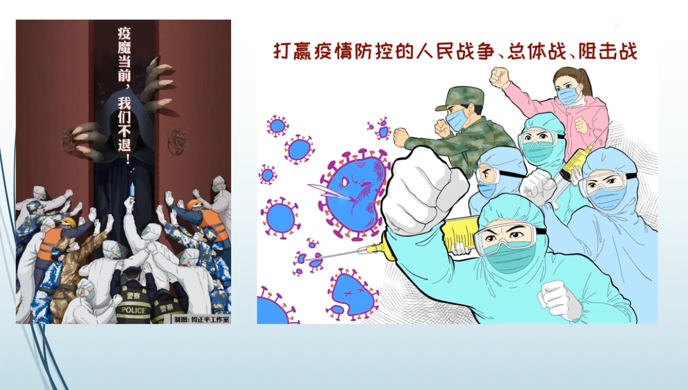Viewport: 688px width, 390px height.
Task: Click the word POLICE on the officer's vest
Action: [134, 311]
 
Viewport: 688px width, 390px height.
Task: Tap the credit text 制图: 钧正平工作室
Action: [202, 319]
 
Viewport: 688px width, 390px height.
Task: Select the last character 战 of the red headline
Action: [628, 52]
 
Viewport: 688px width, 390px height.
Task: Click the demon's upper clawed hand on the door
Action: [156, 83]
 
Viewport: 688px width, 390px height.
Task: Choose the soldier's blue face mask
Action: [457, 120]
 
